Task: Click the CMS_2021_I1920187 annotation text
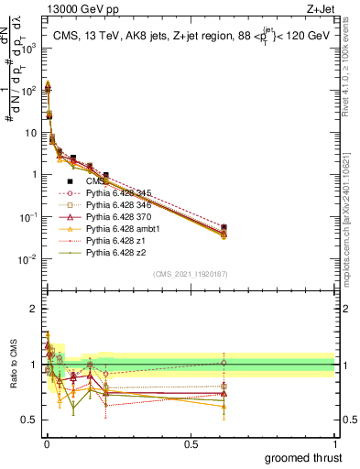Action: point(190,274)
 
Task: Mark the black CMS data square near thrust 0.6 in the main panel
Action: point(224,227)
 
